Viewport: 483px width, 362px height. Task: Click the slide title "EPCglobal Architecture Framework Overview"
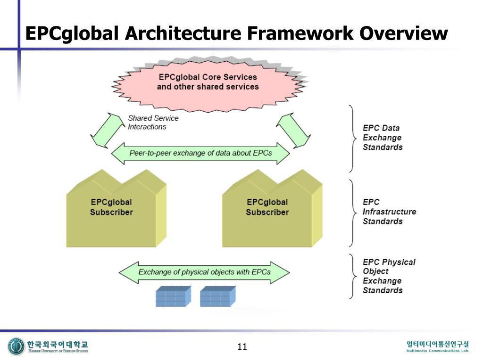[236, 33]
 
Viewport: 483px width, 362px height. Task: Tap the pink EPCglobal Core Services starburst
[208, 82]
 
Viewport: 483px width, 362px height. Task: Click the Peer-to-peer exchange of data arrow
[200, 153]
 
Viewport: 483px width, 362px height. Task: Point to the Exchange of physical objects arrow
[204, 272]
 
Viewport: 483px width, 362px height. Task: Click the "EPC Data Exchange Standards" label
[382, 138]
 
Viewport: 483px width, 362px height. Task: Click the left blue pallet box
[173, 296]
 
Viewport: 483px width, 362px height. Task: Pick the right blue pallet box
[217, 296]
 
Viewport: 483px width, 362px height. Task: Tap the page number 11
[242, 347]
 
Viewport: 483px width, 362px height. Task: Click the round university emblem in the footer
[16, 346]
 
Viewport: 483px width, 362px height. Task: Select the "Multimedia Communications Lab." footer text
[438, 351]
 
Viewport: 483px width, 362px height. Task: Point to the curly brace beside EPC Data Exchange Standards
[351, 138]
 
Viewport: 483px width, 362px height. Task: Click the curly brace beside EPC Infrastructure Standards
[351, 213]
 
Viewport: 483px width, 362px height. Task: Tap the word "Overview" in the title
[403, 33]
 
